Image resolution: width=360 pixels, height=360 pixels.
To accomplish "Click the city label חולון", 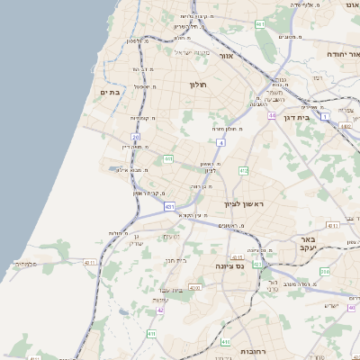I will pyautogui.click(x=198, y=85).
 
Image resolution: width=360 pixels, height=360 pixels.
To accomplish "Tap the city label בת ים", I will pyautogui.click(x=111, y=92).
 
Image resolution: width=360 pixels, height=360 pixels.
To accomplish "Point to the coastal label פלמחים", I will pyautogui.click(x=24, y=264).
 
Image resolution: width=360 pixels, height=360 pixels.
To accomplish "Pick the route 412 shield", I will pyautogui.click(x=243, y=170).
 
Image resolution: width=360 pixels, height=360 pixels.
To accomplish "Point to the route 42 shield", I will pyautogui.click(x=160, y=310).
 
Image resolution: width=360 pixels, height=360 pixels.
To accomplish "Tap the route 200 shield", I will pyautogui.click(x=325, y=271).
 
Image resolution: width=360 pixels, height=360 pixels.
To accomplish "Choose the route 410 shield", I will pyautogui.click(x=151, y=334).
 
